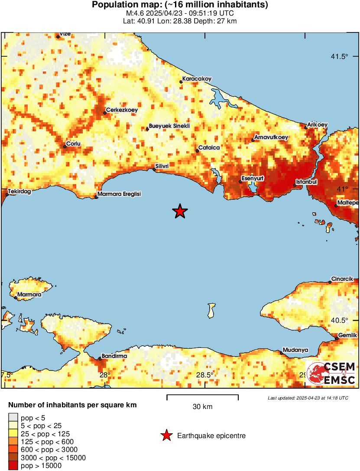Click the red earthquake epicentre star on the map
[180, 211]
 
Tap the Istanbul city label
[307, 181]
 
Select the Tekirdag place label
[19, 192]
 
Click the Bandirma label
[114, 356]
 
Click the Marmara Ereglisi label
[120, 194]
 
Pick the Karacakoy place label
[197, 79]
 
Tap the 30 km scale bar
[202, 396]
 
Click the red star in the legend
[166, 436]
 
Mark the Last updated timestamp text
[308, 398]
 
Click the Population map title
[180, 5]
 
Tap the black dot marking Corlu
[65, 146]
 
